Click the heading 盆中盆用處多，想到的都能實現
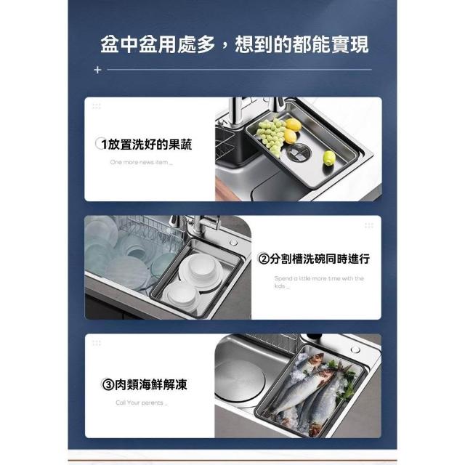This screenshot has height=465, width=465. (x=234, y=45)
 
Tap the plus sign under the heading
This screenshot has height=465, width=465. (x=97, y=70)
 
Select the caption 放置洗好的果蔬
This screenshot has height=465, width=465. (x=150, y=145)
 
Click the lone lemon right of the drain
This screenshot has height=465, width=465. (x=328, y=158)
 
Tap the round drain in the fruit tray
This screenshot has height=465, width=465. (x=299, y=152)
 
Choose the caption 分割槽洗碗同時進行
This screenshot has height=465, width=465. (x=320, y=259)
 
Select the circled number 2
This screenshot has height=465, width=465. (x=263, y=259)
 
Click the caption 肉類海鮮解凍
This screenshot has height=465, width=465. (x=151, y=384)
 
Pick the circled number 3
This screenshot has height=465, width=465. (x=108, y=384)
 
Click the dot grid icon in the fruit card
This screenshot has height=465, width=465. (x=97, y=106)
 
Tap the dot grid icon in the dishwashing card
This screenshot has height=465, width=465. (x=369, y=226)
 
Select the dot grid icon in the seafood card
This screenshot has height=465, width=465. (x=97, y=343)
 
